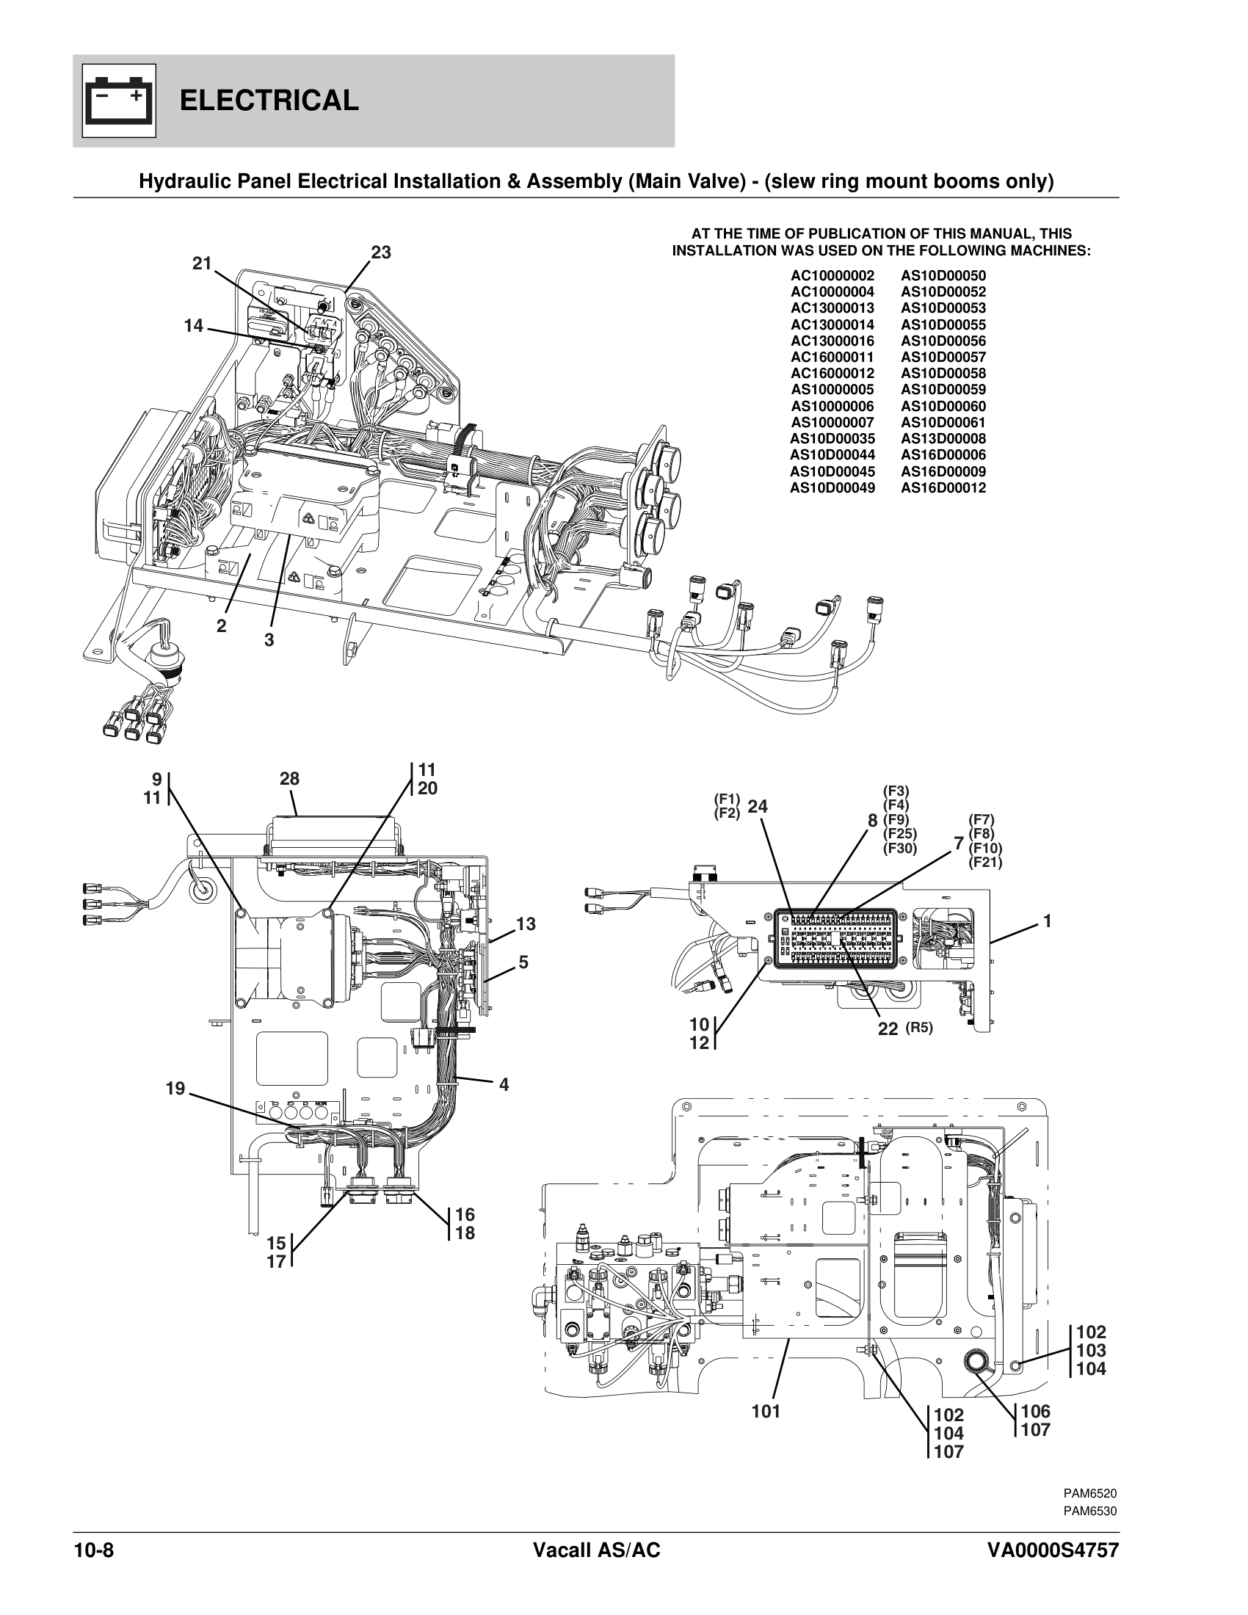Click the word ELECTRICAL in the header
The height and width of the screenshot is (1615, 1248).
[269, 101]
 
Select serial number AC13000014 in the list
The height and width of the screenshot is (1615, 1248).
[832, 324]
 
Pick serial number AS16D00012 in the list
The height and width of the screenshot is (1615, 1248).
[943, 487]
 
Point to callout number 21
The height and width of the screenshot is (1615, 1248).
[202, 264]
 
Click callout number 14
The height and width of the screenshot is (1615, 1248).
[193, 325]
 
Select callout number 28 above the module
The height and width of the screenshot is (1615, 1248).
[289, 779]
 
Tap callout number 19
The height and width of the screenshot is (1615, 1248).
[175, 1088]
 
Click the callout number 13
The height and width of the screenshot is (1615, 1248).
[526, 923]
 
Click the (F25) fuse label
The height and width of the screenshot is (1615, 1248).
[899, 834]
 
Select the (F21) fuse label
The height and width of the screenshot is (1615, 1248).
[984, 862]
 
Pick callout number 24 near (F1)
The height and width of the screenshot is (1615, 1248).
[757, 807]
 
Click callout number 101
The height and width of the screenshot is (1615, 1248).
[766, 1412]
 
